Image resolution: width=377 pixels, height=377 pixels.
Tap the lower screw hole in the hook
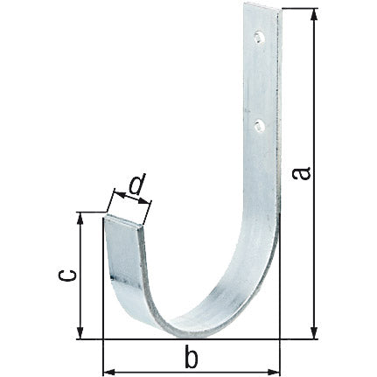258,125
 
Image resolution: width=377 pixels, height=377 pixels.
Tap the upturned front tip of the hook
124,225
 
